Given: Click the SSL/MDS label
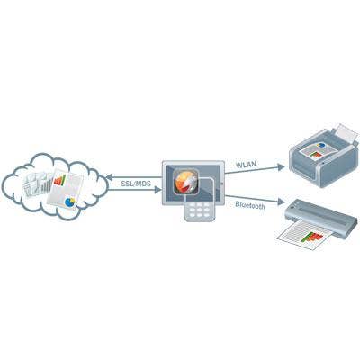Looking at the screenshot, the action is (136, 184).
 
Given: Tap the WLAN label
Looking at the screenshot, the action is (246, 166).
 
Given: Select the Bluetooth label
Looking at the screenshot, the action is (250, 205).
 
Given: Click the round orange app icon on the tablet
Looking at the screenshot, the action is (186, 183).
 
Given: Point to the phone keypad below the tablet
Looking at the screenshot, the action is (199, 209).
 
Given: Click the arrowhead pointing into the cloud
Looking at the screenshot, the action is (109, 177).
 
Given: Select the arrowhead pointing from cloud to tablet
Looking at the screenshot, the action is (157, 190).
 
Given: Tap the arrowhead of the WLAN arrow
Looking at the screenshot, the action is (281, 167).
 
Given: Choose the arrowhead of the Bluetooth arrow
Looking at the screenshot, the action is (281, 202).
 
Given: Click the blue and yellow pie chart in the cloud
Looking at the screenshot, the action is (70, 202).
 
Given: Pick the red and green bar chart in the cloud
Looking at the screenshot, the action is (59, 180).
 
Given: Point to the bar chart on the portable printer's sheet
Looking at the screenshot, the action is (312, 237).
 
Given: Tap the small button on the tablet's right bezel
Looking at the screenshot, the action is (222, 184).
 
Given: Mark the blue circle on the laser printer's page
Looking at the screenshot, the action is (321, 145).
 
